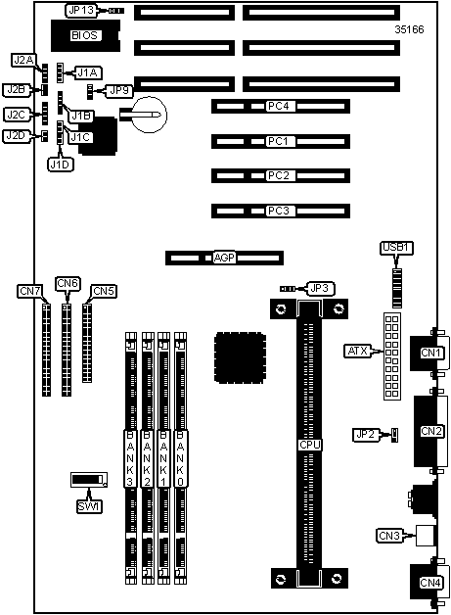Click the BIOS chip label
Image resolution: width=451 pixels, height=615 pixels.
pos(84,35)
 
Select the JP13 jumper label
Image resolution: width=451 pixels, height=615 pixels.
pos(81,11)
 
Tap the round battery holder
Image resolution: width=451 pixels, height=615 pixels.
pos(149,115)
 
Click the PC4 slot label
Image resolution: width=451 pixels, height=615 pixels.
pos(278,107)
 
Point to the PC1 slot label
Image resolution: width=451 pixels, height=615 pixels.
pos(278,141)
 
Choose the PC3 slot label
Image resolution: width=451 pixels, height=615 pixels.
pos(278,211)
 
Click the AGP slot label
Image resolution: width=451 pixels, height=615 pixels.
pos(224,258)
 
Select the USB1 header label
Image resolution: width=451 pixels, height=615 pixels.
pos(396,248)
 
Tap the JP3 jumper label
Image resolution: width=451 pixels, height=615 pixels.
pos(320,289)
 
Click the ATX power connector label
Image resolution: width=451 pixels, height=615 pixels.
pos(358,351)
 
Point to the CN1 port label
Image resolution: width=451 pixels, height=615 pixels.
pos(431,353)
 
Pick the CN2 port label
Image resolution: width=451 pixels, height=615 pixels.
pos(431,431)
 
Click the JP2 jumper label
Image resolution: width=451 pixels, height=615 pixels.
pos(365,435)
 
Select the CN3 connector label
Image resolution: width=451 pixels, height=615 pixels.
pos(389,536)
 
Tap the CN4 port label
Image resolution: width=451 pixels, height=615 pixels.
pos(430,583)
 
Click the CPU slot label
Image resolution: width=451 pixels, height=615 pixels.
pos(309,445)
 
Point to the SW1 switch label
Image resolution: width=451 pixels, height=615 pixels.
pos(89,506)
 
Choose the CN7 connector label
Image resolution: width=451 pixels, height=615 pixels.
pos(29,291)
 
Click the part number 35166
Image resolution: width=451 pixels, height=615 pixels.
pos(409,29)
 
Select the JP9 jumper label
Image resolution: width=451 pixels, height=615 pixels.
pos(119,91)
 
